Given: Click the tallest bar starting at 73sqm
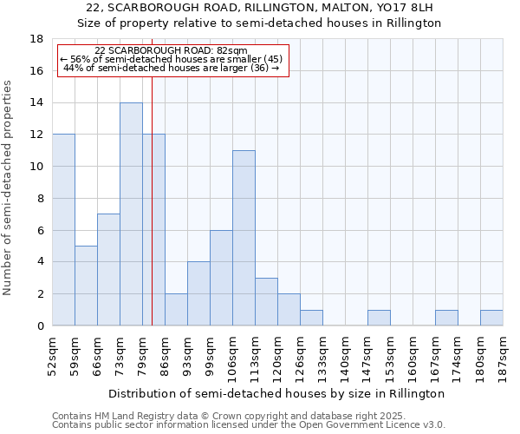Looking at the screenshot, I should coord(131,214).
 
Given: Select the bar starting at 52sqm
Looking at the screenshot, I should coord(63,230).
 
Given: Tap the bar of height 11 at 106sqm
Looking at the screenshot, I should coord(244,238).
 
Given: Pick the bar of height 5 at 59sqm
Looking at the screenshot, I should coord(86,286).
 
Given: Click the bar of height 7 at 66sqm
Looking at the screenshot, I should coord(108,270).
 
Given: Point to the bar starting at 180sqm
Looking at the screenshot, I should coord(491,318).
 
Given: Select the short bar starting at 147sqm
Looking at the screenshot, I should coord(379,318).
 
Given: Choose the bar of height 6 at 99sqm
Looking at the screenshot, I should coord(221,278).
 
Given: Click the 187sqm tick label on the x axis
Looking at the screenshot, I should coord(504,355).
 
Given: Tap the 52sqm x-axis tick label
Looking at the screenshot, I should coord(53,355).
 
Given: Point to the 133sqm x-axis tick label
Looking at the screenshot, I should coord(323,355).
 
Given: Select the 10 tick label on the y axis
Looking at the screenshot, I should coord(36,167).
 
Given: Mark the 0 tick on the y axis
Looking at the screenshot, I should coord(40,325).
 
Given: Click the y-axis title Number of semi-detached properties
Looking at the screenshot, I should coord(9,187).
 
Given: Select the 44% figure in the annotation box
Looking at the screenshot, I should coord(72,67).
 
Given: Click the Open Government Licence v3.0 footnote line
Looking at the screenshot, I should coord(249,424).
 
